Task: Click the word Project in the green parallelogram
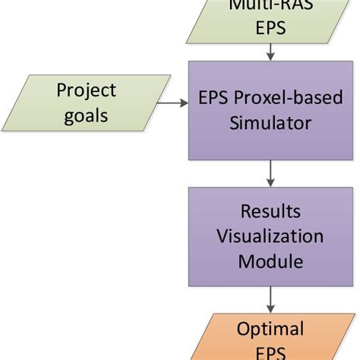point(87,91)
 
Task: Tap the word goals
point(87,117)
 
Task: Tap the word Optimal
point(270,329)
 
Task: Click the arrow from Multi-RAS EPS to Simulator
point(271,52)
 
